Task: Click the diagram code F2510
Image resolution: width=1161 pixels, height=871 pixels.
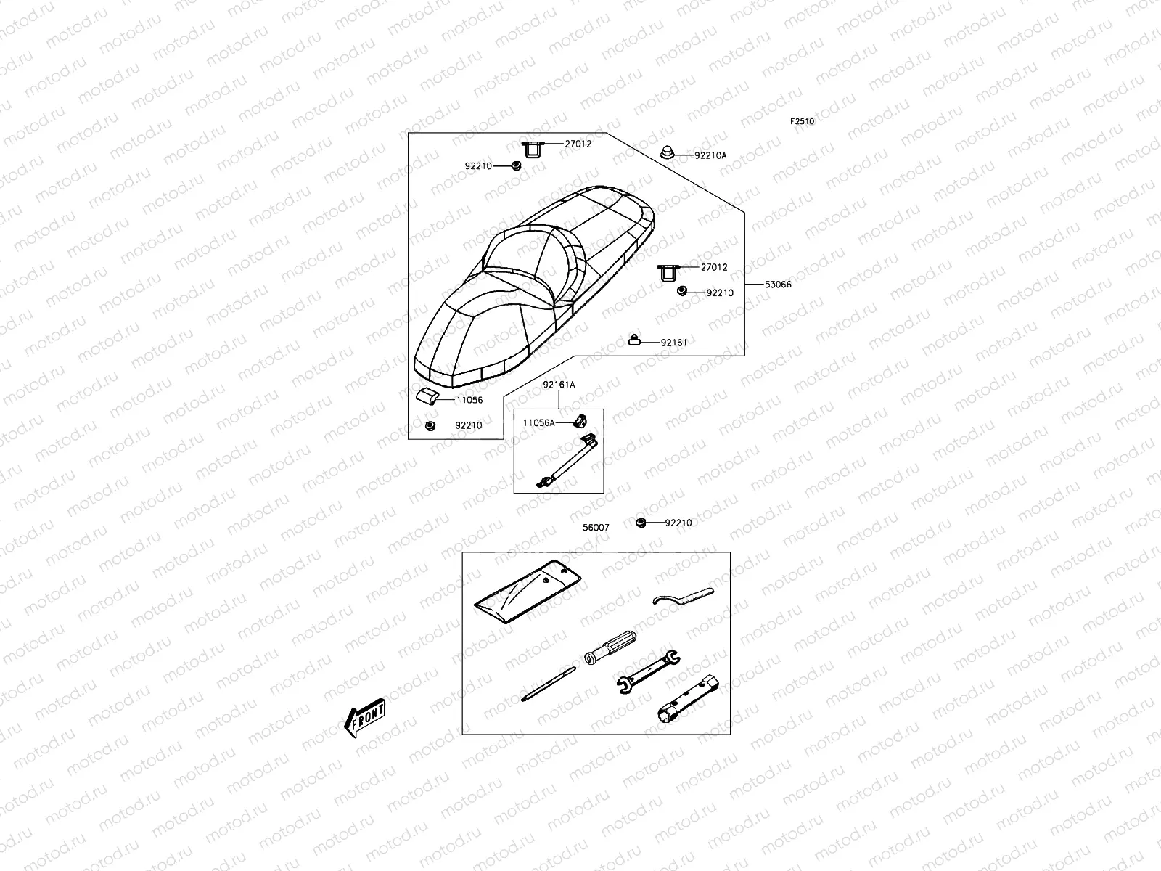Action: tap(802, 122)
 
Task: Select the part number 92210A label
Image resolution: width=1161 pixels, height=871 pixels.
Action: tap(710, 155)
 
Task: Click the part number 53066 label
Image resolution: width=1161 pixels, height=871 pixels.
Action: tap(778, 285)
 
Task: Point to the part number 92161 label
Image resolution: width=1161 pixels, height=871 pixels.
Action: tap(673, 342)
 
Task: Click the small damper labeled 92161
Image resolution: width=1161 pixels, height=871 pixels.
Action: tap(634, 340)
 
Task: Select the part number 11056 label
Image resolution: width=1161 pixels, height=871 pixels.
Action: tap(469, 400)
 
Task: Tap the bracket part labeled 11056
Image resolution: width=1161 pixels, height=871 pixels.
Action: tap(427, 396)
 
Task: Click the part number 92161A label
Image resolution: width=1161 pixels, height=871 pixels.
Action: tap(559, 385)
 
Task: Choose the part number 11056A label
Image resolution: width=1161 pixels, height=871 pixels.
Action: tap(538, 422)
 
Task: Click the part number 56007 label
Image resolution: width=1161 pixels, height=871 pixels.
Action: tap(596, 528)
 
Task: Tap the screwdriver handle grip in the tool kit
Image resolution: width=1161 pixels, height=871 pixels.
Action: tap(610, 645)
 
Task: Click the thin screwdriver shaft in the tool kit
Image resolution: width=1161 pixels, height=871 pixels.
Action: tap(548, 684)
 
